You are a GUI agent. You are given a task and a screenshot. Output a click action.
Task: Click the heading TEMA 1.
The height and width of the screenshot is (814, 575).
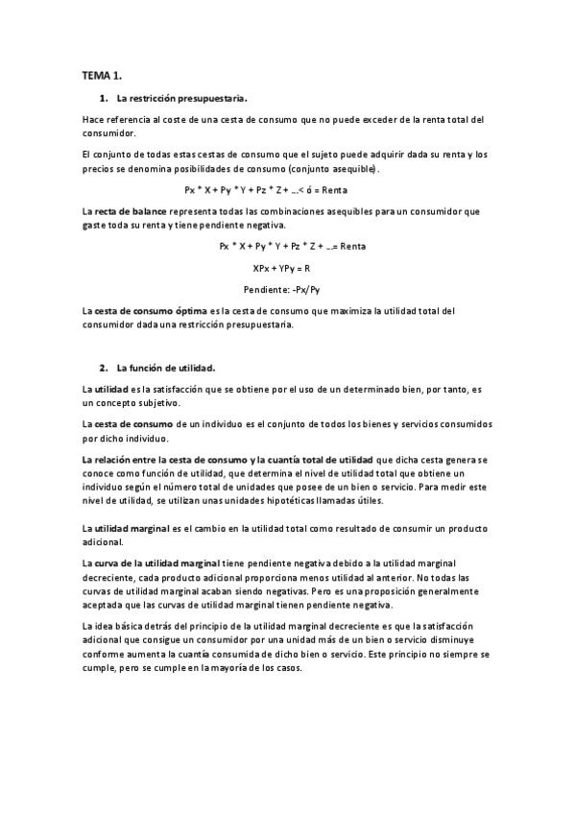click(x=101, y=75)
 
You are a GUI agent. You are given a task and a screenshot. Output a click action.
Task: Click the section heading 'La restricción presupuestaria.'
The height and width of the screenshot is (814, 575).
click(x=181, y=98)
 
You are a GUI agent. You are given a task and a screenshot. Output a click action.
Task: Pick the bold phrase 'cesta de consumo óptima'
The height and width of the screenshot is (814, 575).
click(x=148, y=311)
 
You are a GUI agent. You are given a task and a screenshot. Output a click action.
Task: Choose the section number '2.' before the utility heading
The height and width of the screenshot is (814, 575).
click(x=104, y=368)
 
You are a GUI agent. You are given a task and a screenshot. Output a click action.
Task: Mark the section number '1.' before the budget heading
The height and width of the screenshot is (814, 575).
click(x=104, y=98)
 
